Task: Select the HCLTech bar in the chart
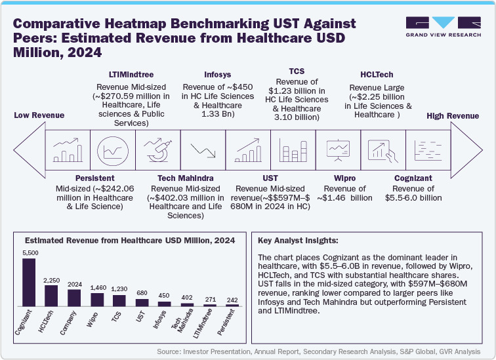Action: coord(51,296)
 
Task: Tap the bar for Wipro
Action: coord(96,300)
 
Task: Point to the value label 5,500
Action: coord(29,252)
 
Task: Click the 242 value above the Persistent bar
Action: coord(231,300)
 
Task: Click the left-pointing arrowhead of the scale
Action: coord(28,150)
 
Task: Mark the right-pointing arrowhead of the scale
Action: coord(466,150)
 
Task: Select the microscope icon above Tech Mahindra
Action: coord(157,150)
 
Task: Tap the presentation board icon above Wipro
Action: coord(338,150)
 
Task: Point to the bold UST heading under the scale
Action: coord(270,178)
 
